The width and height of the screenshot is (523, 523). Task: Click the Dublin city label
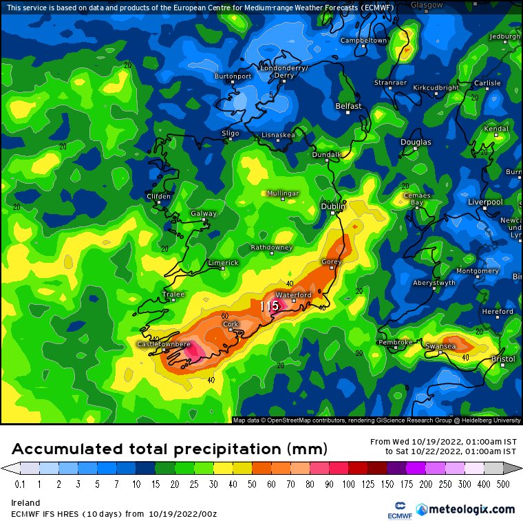[x=333, y=206]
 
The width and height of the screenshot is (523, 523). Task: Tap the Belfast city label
[x=348, y=106]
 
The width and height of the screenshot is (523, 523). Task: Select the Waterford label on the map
[x=294, y=295]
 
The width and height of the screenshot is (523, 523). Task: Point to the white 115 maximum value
[x=268, y=306]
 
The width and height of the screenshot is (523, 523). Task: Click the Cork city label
[x=231, y=324]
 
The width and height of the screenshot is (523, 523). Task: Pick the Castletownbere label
[x=164, y=343]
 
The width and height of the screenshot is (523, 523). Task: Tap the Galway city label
[x=204, y=213]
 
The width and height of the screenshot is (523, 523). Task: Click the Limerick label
[x=223, y=263]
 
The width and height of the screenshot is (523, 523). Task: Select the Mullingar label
[x=283, y=193]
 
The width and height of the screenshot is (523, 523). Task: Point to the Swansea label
[x=440, y=346]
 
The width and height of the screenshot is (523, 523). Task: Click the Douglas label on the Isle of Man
[x=416, y=142]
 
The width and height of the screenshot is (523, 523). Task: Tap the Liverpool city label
[x=485, y=202]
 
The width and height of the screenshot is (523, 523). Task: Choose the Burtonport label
[x=233, y=76]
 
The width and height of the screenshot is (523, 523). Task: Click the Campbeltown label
[x=364, y=41]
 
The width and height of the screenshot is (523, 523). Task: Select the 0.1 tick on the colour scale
[x=20, y=484]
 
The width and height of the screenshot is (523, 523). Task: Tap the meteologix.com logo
[x=471, y=509]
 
